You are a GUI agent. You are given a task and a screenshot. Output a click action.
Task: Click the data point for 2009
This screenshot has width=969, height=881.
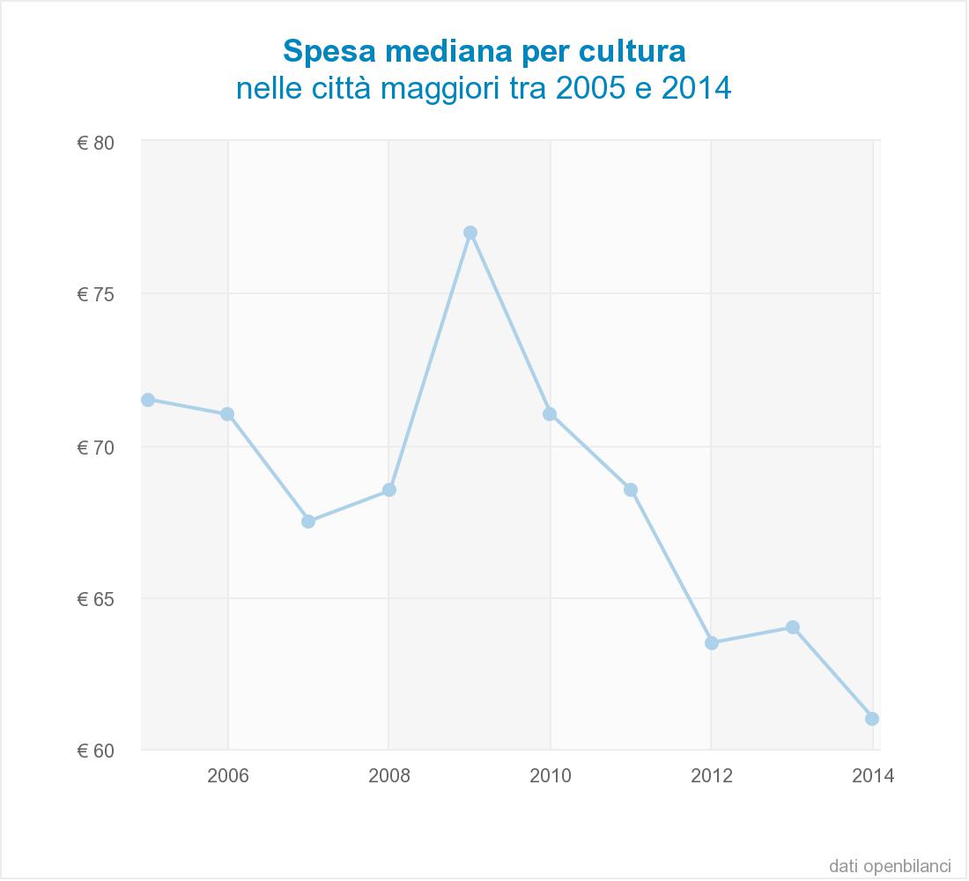(470, 233)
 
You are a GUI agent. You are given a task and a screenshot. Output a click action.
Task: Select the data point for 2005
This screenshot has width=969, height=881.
(148, 400)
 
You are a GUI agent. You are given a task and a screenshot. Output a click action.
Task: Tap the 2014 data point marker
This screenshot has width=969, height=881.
(872, 719)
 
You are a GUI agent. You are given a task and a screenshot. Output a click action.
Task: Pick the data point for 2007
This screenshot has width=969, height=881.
(308, 522)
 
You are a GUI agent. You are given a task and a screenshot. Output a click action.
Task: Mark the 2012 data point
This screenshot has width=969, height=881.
(712, 643)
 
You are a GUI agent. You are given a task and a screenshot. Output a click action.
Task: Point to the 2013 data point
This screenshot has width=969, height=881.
(793, 627)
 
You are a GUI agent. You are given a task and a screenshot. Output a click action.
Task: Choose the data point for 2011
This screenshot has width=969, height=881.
(631, 490)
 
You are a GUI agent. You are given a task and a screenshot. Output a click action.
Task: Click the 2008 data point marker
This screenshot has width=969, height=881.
(389, 490)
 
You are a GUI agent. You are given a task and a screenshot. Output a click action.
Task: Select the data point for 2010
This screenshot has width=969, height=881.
(550, 414)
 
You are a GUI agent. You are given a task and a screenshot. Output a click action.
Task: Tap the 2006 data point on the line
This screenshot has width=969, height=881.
(227, 414)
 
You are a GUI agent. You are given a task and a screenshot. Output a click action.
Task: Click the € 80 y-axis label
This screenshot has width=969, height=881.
(96, 143)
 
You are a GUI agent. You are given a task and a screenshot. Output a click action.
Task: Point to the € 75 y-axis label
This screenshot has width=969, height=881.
(96, 294)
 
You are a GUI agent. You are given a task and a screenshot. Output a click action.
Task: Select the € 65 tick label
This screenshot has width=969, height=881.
(96, 599)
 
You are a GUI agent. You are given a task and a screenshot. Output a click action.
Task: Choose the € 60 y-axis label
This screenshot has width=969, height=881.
(96, 751)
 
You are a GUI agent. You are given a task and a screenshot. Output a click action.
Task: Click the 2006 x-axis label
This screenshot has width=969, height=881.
(228, 776)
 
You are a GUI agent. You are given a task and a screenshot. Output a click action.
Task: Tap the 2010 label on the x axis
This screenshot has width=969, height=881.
(551, 776)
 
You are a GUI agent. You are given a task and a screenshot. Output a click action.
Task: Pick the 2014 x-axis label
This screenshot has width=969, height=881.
(874, 776)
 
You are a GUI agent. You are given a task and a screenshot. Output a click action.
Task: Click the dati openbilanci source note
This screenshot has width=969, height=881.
(890, 864)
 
